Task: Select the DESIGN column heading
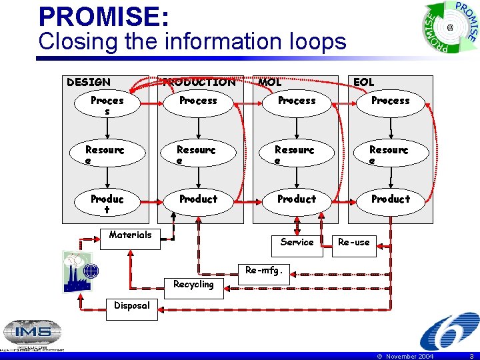click(89, 82)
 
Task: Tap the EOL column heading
click(364, 82)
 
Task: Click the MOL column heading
click(270, 82)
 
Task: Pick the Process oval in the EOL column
click(391, 101)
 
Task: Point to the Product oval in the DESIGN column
click(107, 204)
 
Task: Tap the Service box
click(297, 243)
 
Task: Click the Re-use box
click(354, 243)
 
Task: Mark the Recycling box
click(193, 285)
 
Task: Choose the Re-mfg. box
click(264, 271)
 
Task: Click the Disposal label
click(132, 306)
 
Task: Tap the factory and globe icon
click(81, 271)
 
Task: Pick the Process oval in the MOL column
click(297, 101)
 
